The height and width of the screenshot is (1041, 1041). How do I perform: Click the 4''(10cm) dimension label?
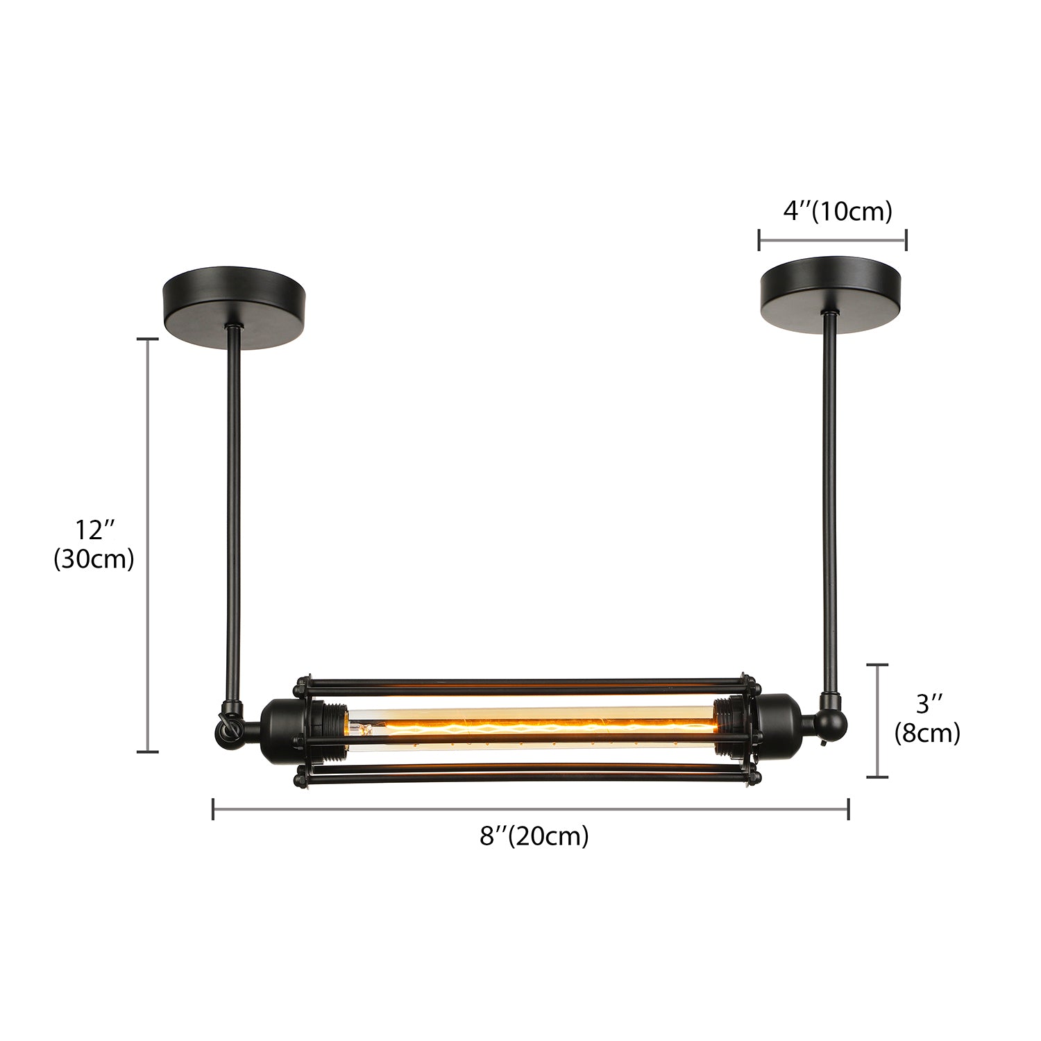837,210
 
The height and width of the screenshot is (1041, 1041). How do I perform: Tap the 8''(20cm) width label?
534,836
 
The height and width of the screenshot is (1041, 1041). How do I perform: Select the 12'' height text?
94,530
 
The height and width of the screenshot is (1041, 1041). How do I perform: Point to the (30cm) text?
94,559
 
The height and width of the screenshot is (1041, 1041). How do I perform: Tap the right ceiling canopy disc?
830,294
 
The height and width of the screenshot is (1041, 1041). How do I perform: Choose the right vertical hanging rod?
830,500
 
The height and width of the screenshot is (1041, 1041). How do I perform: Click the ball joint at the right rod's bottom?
831,725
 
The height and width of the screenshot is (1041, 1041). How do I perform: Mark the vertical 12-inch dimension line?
148,545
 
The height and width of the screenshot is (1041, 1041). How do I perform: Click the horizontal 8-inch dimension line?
531,809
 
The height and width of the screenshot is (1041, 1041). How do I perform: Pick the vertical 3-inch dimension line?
878,720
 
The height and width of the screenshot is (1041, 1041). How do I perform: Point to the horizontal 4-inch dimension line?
833,239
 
